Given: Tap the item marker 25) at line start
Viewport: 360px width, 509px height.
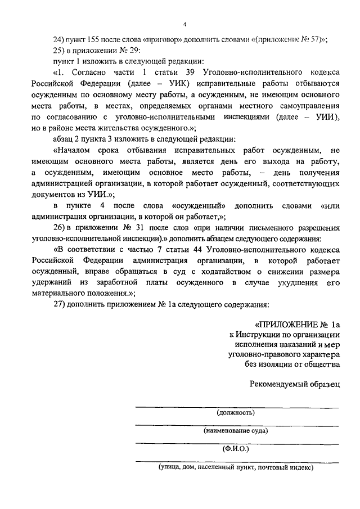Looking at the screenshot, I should coord(58,50).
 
